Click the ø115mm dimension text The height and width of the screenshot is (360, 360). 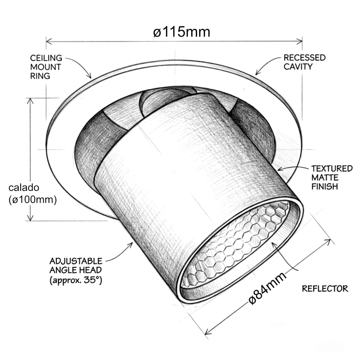[x=181, y=32]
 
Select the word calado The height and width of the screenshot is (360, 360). [x=24, y=188]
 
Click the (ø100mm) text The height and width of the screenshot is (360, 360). [x=33, y=200]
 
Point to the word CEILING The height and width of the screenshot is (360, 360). [x=46, y=58]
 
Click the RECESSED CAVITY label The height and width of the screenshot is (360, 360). [x=304, y=62]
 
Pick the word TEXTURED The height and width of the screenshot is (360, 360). [x=332, y=168]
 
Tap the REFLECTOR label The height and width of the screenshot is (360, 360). [x=325, y=289]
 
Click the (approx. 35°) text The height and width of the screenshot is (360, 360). [x=76, y=280]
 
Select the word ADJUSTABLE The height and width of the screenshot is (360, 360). [x=76, y=261]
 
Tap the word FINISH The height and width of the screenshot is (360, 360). [x=324, y=187]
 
